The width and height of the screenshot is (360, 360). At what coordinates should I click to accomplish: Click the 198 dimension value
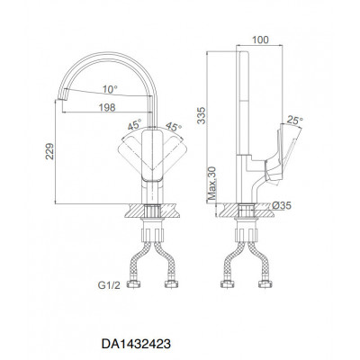click(107, 107)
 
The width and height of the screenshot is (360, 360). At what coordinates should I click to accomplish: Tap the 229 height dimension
click(49, 151)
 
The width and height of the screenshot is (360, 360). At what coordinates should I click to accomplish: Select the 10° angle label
click(110, 89)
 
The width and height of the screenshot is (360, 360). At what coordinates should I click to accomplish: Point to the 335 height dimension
click(202, 115)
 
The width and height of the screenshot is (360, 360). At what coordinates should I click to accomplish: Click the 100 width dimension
click(260, 40)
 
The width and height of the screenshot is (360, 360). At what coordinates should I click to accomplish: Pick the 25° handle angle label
click(294, 121)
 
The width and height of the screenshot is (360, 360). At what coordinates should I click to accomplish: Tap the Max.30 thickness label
click(212, 184)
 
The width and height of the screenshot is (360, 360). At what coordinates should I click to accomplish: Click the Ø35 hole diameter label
click(282, 205)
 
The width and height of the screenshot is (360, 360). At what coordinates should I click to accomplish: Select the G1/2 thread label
click(109, 285)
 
